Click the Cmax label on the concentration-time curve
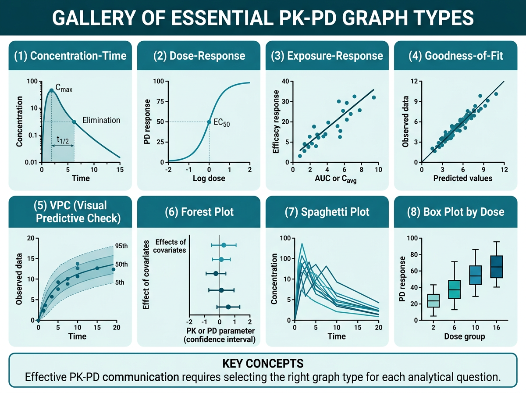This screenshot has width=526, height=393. [x=64, y=89]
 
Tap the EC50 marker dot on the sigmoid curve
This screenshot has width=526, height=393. [x=209, y=122]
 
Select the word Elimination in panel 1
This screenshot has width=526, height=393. [x=101, y=120]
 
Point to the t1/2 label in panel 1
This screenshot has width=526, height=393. [x=63, y=139]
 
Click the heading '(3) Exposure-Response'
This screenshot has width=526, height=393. [x=327, y=56]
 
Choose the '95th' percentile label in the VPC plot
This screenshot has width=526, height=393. [x=121, y=246]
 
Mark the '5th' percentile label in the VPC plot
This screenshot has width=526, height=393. [x=119, y=282]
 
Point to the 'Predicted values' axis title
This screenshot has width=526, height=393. [x=462, y=178]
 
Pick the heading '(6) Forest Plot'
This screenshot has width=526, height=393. [x=199, y=212]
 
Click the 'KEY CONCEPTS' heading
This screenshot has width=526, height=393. [x=262, y=364]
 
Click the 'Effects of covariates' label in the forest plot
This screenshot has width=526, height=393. [x=170, y=246]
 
